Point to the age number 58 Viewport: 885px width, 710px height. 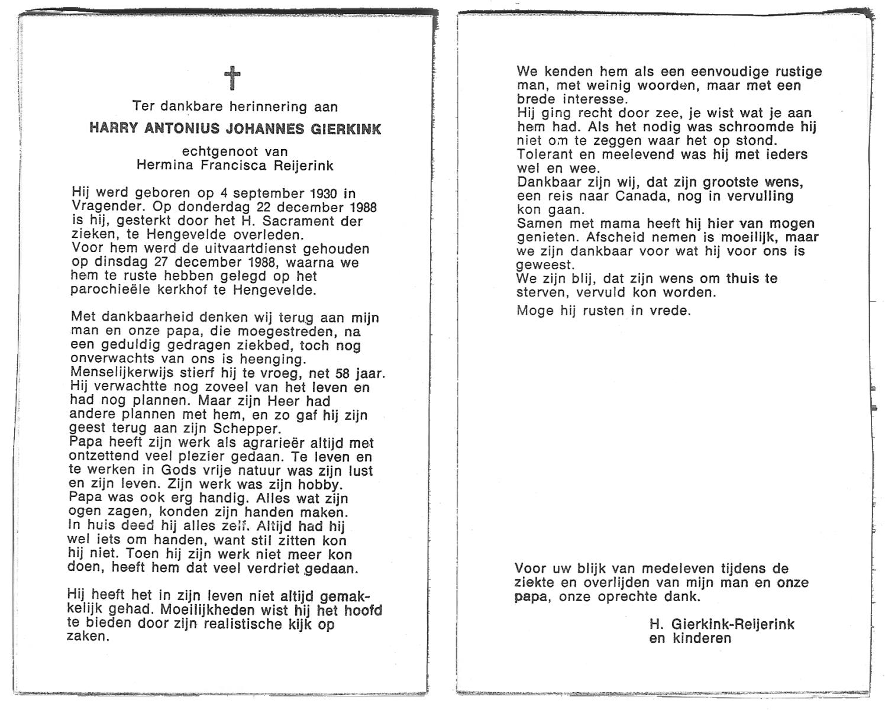(x=347, y=373)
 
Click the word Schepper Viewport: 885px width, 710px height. (x=251, y=429)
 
